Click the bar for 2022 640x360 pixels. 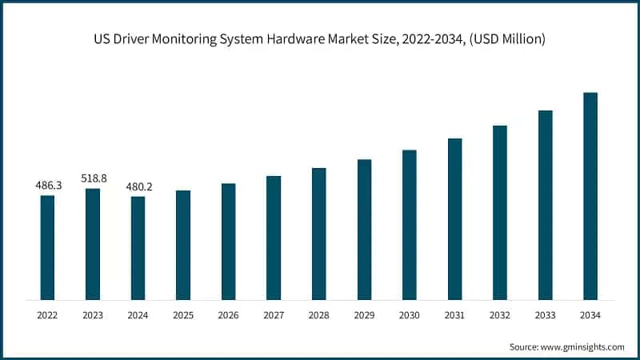coord(47,247)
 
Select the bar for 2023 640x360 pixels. coord(93,244)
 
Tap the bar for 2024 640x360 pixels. coord(138,248)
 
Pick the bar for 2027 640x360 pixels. coord(274,238)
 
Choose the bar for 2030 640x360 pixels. coord(409,225)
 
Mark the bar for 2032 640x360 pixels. coord(500,212)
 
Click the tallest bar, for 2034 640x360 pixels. coord(590,196)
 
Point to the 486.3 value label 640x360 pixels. coord(47,186)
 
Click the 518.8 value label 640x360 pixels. coord(93,178)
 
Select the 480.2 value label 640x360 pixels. coord(138,186)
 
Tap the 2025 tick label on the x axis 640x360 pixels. coord(183,316)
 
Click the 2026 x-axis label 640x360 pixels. coord(228,316)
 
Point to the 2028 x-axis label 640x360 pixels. coord(318,316)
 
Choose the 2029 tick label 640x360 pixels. coord(364,316)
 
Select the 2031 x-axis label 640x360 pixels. coord(454,316)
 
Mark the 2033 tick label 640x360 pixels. coord(545,316)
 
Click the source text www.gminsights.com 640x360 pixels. coord(582,346)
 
